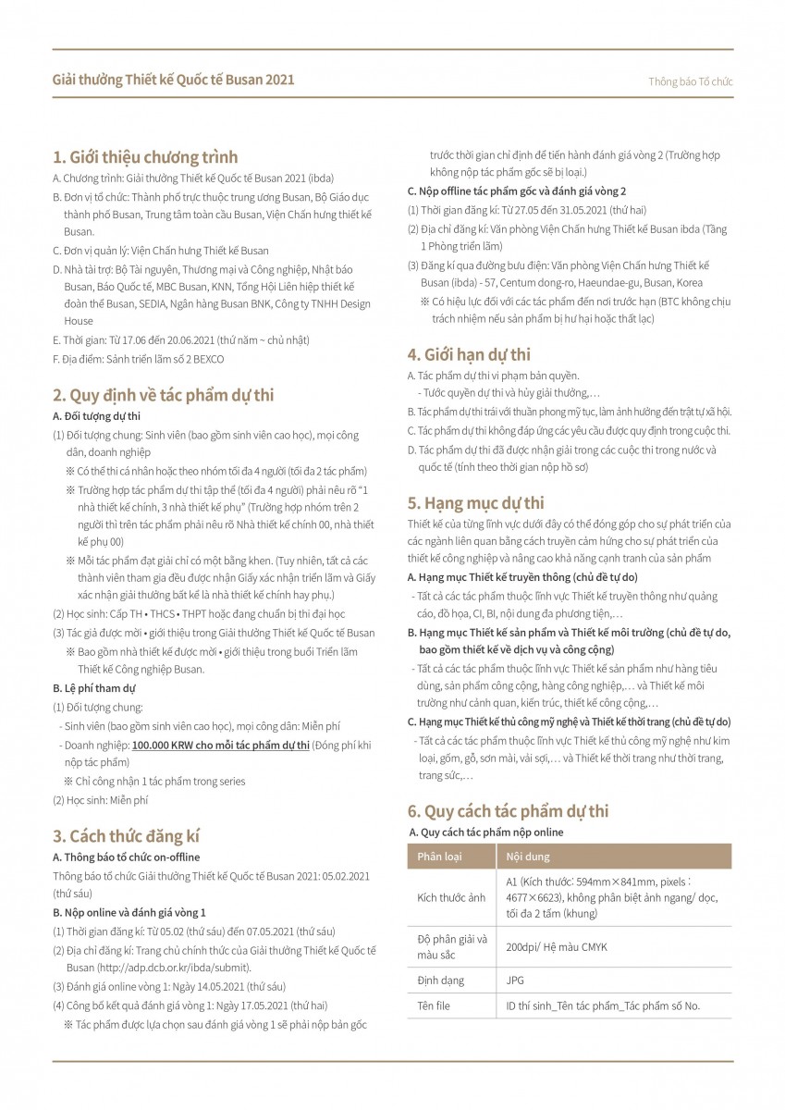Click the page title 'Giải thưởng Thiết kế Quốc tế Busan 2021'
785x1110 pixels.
[174, 80]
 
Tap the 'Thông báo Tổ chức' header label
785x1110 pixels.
[691, 81]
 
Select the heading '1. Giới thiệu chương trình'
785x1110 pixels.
[145, 156]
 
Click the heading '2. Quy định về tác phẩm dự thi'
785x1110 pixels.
[164, 395]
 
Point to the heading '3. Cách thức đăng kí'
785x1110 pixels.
[127, 835]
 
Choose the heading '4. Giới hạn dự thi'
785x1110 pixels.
[469, 353]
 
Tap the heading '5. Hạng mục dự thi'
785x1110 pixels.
[476, 503]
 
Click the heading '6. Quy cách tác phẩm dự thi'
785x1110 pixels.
[509, 811]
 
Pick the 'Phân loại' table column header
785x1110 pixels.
[440, 857]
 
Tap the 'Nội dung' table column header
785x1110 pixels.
[528, 857]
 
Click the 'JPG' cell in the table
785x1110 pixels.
[515, 980]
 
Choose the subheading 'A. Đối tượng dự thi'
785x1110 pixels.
[97, 416]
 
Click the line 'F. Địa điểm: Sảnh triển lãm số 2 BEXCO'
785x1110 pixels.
[139, 358]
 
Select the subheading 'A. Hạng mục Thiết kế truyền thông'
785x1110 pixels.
[522, 576]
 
